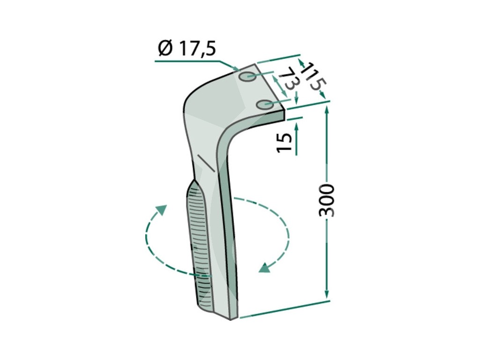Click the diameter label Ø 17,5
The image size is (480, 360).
click(x=187, y=49)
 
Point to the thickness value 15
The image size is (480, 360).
click(x=284, y=142)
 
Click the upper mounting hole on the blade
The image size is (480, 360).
click(x=247, y=76)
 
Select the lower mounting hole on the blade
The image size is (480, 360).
click(x=265, y=105)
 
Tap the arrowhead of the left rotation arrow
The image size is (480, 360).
click(x=161, y=210)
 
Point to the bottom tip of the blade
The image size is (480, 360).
click(x=232, y=319)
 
